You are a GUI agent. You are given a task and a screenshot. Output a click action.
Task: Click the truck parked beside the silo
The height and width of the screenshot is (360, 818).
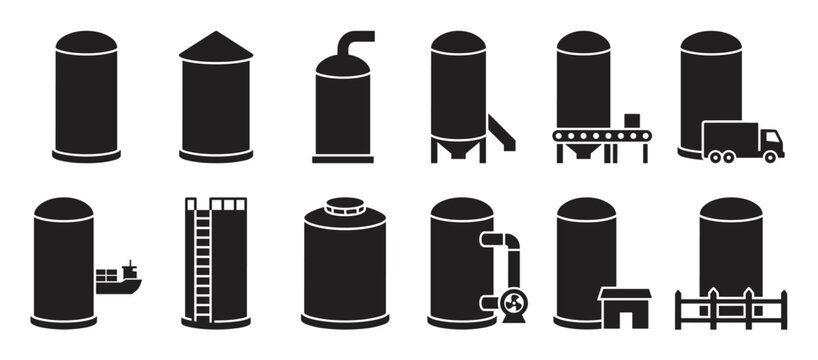point(742,141)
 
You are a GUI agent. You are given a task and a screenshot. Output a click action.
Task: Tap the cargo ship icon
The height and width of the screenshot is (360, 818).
point(119,280)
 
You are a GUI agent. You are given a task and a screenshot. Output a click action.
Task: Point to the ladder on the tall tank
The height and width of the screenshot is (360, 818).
point(203,265)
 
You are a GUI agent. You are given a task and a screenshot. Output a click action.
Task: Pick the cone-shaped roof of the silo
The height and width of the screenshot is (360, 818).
point(216,46)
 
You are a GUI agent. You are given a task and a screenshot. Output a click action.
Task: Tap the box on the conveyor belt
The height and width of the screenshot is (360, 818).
point(632,121)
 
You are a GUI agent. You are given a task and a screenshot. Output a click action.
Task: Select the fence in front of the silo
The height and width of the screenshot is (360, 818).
point(731,308)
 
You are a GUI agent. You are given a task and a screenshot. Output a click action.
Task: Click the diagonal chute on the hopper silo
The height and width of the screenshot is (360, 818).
point(501,132)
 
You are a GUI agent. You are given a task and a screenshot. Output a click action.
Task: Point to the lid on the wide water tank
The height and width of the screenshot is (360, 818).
point(345,206)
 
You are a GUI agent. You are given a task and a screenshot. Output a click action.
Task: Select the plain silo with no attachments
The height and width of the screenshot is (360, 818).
point(86,95)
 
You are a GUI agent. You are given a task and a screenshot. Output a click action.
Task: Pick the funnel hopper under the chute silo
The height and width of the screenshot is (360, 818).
point(458,146)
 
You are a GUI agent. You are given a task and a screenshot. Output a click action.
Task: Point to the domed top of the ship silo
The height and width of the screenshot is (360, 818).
point(63,208)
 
